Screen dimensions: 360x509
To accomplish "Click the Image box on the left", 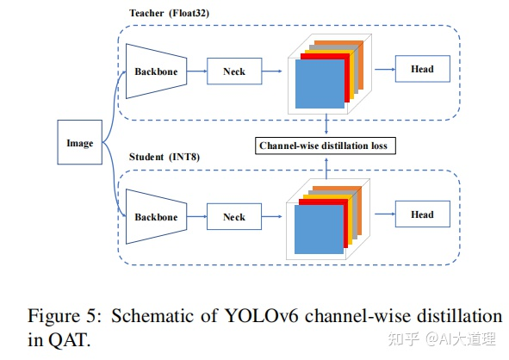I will pos(80,143).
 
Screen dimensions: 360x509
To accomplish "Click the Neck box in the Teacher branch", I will pos(233,71).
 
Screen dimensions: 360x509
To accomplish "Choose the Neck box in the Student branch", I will pos(233,217).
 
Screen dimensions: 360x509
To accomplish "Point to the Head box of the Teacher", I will pos(422,69).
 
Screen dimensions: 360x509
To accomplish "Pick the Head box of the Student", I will pos(422,214).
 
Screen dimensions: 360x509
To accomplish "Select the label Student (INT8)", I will pos(162,158).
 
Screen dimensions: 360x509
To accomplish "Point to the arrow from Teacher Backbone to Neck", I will pos(195,71).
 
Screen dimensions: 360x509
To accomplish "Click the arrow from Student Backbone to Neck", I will pos(195,217).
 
